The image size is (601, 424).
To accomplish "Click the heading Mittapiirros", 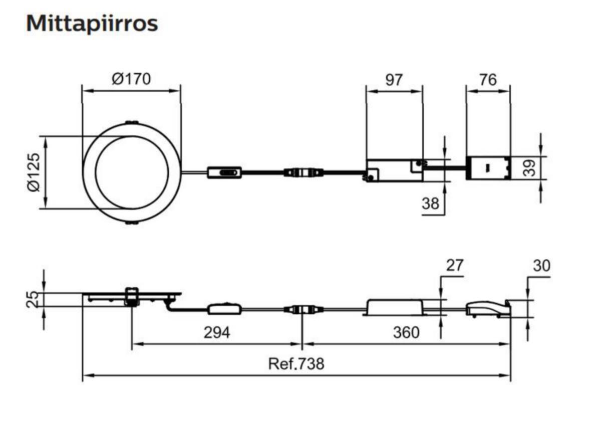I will (92, 24).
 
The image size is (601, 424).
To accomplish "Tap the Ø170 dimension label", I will (131, 79).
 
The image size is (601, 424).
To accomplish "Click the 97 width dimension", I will (394, 79).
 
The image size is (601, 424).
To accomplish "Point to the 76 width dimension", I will (488, 79).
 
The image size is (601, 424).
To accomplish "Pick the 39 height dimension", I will (529, 167).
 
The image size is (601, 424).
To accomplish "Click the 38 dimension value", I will (430, 203).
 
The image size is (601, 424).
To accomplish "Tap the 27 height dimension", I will (455, 265).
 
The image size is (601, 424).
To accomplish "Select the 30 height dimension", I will (541, 266).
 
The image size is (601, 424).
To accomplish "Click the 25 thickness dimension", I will (32, 300).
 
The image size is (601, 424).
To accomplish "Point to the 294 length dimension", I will (217, 332).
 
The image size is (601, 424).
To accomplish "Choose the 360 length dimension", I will (406, 332).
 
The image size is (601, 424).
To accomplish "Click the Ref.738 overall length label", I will (296, 363).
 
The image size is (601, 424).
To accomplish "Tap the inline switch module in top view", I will (224, 172).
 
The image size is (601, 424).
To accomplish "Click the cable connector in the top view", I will (304, 172).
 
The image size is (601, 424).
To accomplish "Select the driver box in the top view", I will (395, 170).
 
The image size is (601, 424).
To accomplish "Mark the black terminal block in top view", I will (488, 168).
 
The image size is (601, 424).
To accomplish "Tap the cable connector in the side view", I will (304, 309).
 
